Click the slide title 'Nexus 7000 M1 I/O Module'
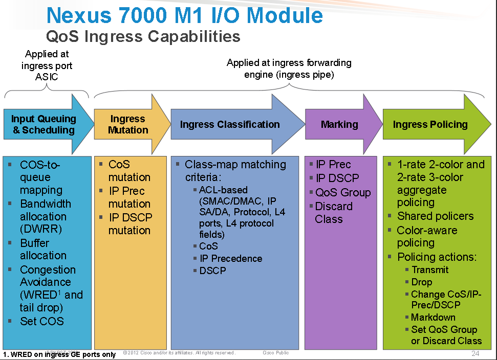pyautogui.click(x=184, y=15)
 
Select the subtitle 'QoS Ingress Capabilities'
pyautogui.click(x=143, y=37)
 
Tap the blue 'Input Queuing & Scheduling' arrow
pyautogui.click(x=44, y=125)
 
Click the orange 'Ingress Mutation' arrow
pyautogui.click(x=128, y=125)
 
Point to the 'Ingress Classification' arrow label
pyautogui.click(x=230, y=124)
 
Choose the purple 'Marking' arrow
pyautogui.click(x=339, y=124)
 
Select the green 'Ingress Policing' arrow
pyautogui.click(x=430, y=124)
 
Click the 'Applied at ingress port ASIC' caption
pyautogui.click(x=47, y=66)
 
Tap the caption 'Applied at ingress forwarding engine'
pyautogui.click(x=289, y=69)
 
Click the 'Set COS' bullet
pyautogui.click(x=42, y=321)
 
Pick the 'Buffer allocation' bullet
pyautogui.click(x=43, y=249)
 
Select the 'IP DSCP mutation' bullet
pyautogui.click(x=130, y=224)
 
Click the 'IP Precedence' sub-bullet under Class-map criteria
pyautogui.click(x=231, y=258)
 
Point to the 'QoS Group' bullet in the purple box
pyautogui.click(x=343, y=193)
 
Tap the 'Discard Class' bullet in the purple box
pyautogui.click(x=334, y=213)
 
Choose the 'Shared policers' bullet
pyautogui.click(x=435, y=216)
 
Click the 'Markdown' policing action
pyautogui.click(x=433, y=317)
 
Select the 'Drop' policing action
pyautogui.click(x=422, y=282)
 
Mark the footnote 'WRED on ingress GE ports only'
pyautogui.click(x=60, y=354)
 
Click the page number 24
pyautogui.click(x=474, y=354)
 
